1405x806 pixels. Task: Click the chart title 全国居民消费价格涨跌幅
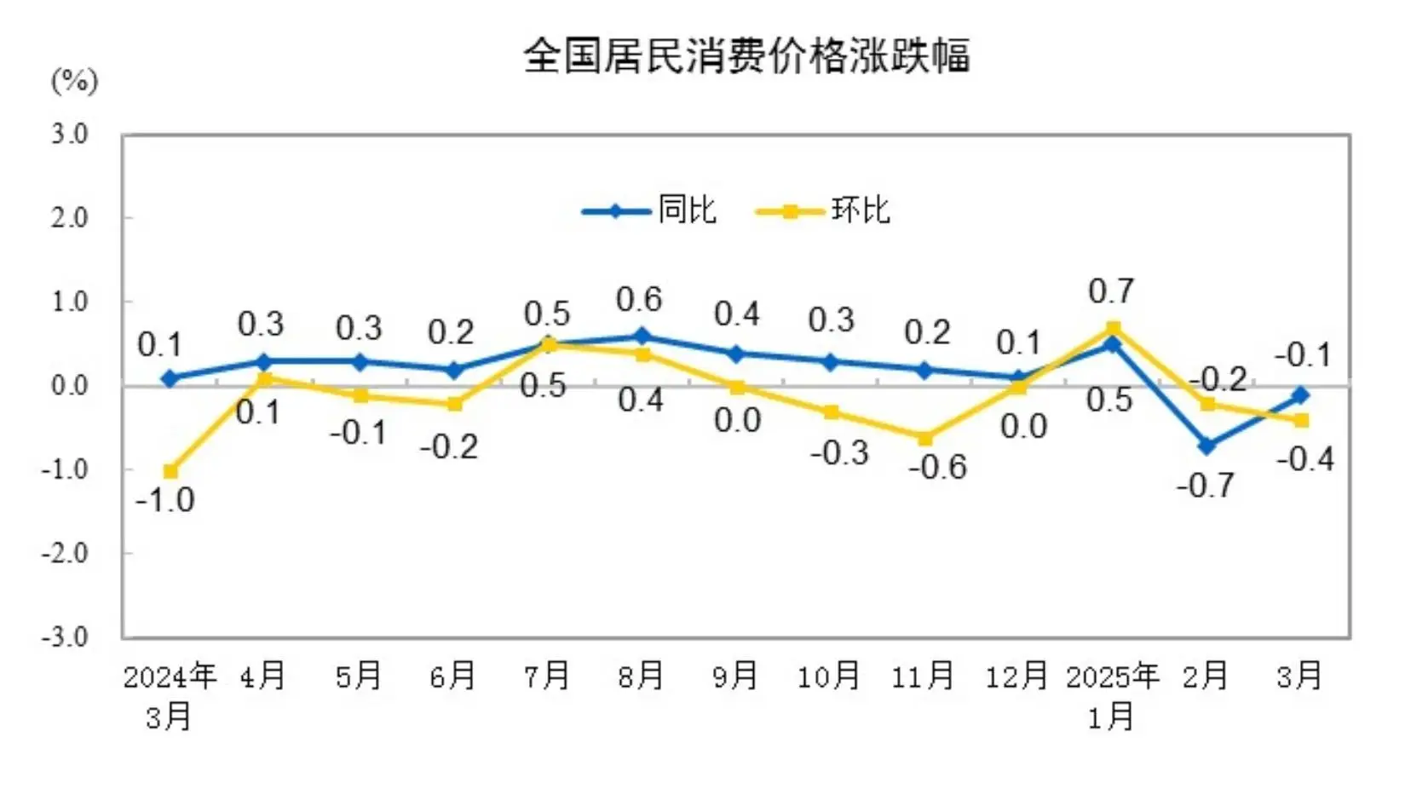pos(746,56)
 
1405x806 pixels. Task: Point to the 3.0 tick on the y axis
pos(69,134)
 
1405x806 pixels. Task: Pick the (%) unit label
pos(75,82)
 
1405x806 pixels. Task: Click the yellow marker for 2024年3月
pos(170,471)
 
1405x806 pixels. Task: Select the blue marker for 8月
pos(642,337)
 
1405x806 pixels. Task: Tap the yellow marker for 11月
pos(924,438)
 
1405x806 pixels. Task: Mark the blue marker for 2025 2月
pos(1206,446)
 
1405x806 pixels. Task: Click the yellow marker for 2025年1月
pos(1113,328)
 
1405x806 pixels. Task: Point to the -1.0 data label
pos(165,500)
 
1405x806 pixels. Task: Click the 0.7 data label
pos(1111,292)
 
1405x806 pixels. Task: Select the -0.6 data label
pos(937,468)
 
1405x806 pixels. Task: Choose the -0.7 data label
pos(1205,486)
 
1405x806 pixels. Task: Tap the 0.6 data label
pos(639,300)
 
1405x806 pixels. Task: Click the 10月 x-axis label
pos(828,676)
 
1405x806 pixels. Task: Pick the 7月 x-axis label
pos(546,676)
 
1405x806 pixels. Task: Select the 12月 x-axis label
pos(1016,676)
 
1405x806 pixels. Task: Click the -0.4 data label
pos(1304,460)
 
